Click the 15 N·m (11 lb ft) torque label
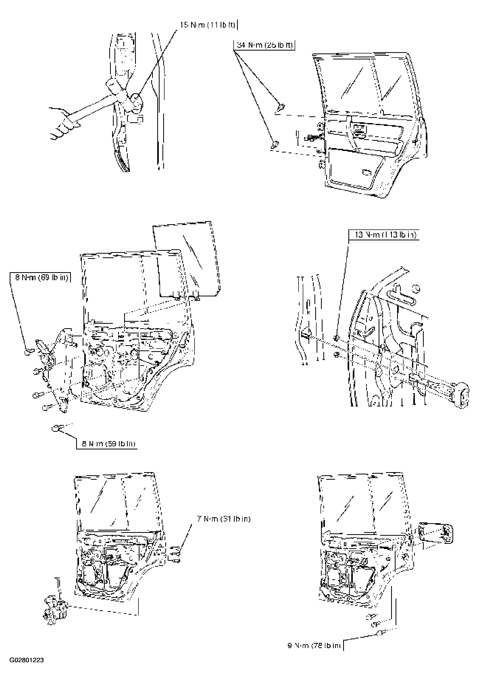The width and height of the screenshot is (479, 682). tap(208, 25)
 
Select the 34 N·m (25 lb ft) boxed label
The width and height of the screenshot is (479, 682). tap(264, 45)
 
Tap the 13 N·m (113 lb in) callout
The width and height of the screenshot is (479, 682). tap(385, 235)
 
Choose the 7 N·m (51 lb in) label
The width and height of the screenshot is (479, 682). tap(223, 519)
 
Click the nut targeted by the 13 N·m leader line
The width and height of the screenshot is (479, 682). tap(336, 337)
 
